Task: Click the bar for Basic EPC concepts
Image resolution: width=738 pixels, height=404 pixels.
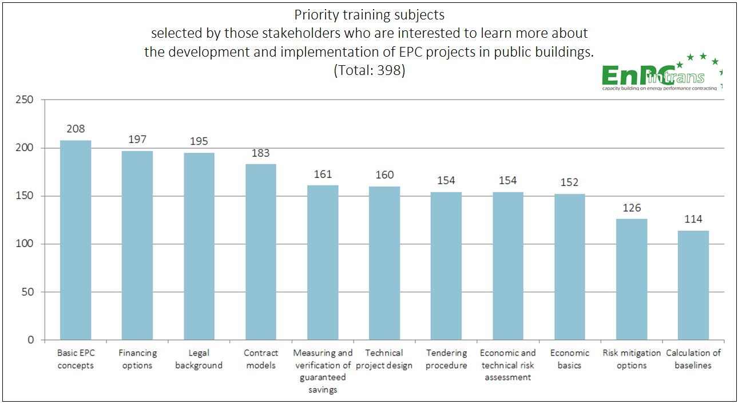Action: click(x=76, y=240)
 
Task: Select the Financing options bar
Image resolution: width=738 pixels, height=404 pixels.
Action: click(x=137, y=245)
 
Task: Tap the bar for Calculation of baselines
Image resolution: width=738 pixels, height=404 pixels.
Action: click(x=693, y=285)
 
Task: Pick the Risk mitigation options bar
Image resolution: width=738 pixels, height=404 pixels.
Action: click(x=632, y=279)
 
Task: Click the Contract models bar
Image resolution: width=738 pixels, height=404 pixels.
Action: click(x=261, y=252)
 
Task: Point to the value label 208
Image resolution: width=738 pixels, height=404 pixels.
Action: click(x=76, y=129)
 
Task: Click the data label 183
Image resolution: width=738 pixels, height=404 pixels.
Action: click(x=261, y=153)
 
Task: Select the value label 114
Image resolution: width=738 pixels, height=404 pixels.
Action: click(x=693, y=219)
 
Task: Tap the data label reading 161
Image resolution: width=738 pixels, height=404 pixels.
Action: click(x=323, y=174)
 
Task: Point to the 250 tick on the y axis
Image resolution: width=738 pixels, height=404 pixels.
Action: click(x=25, y=100)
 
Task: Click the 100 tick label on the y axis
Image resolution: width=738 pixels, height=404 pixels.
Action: click(x=25, y=244)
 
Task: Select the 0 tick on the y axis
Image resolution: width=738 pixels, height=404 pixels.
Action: click(x=31, y=340)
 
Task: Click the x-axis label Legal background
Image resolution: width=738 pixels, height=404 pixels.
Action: click(x=199, y=359)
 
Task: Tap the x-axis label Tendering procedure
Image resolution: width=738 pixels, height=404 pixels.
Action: click(x=446, y=359)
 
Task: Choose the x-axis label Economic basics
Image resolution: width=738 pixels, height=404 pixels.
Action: click(x=569, y=359)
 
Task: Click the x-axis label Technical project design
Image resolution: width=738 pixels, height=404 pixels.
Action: click(x=384, y=359)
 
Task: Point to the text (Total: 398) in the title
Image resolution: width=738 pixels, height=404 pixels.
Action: click(x=370, y=70)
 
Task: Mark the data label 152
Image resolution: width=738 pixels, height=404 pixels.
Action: click(x=569, y=182)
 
